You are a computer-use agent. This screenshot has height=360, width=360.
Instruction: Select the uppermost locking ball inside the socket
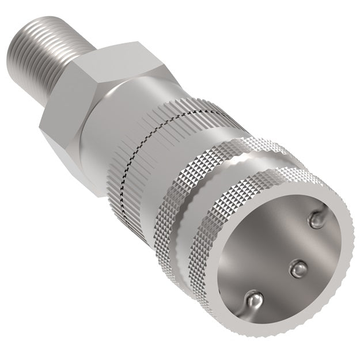pos(316,218)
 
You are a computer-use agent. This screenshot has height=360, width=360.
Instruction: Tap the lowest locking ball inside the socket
pos(253,300)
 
